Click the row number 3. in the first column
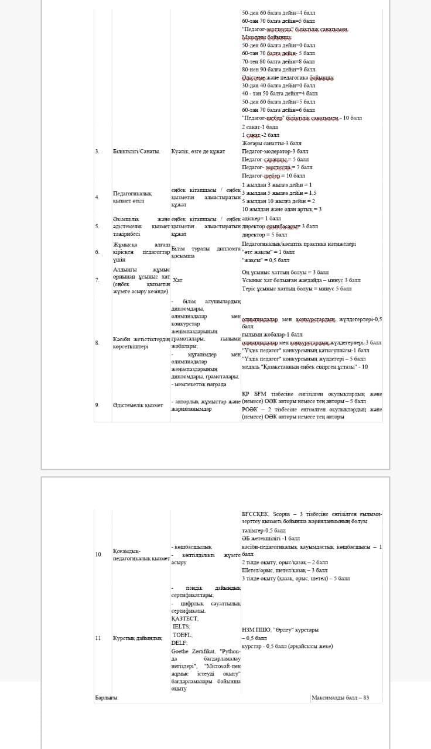(97, 152)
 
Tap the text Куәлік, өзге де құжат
(198, 152)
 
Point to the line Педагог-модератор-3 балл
(271, 151)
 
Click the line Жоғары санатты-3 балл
(271, 143)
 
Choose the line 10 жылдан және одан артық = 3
(281, 209)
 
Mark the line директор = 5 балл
(265, 234)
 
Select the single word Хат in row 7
(177, 280)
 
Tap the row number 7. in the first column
(97, 280)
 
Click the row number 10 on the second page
(98, 554)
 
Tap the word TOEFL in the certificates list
(182, 634)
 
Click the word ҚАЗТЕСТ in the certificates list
(185, 618)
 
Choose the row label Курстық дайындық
(137, 638)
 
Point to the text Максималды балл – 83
(340, 698)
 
